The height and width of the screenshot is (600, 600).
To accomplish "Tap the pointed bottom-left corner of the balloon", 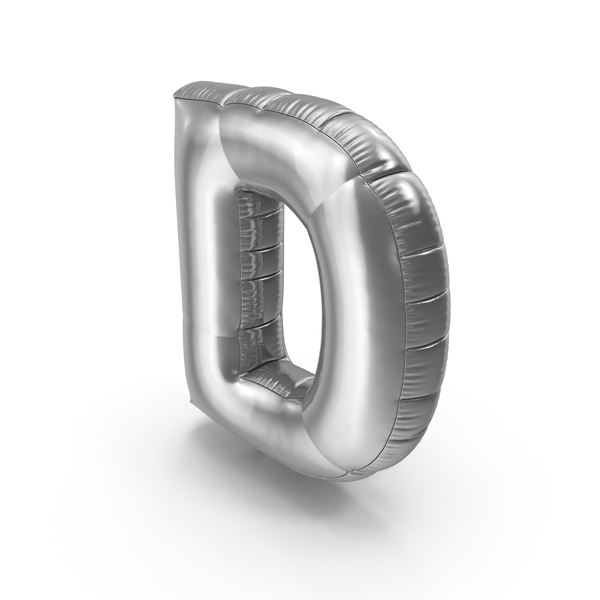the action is click(191, 399).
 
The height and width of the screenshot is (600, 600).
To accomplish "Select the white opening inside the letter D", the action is click(299, 291).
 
